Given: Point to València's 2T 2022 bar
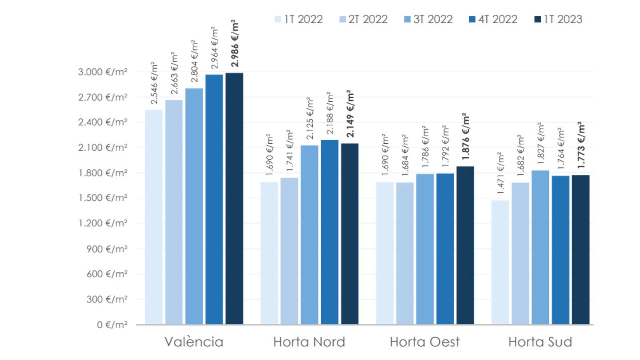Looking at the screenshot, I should [x=174, y=212].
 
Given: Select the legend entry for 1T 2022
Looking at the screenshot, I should [x=299, y=19].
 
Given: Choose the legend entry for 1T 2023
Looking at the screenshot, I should [x=558, y=19].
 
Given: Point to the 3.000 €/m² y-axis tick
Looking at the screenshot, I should [x=102, y=72].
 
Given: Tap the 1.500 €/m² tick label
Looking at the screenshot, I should [x=102, y=198].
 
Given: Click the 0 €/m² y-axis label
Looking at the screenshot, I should [x=112, y=324].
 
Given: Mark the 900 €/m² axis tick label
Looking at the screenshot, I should [x=107, y=249].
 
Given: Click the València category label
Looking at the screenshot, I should [x=194, y=342].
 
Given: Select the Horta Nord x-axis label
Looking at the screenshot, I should [x=309, y=342].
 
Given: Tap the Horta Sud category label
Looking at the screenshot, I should [x=540, y=342].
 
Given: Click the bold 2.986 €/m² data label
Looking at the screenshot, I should [x=235, y=43].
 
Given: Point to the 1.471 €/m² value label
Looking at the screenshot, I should [x=500, y=173].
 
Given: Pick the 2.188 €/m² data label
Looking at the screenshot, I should [x=330, y=113].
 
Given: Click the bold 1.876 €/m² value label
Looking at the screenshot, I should [x=466, y=136].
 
